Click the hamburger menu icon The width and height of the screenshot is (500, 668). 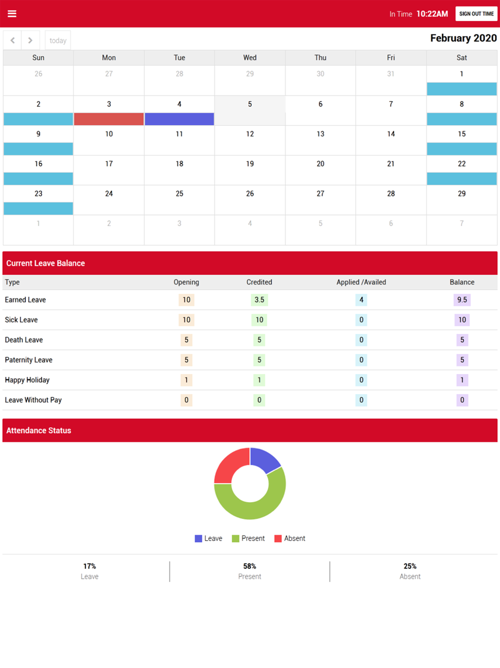point(12,14)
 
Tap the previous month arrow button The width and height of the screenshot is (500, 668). point(12,41)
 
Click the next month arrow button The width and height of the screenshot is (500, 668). point(30,41)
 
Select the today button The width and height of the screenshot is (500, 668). point(58,41)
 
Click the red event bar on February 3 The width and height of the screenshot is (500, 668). point(109,119)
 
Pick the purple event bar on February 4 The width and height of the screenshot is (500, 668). point(179,119)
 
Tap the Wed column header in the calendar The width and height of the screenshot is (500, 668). point(250,58)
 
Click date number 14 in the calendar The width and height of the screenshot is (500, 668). point(391,134)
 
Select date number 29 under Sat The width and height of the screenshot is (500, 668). point(461,194)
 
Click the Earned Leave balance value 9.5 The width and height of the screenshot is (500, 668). point(462,300)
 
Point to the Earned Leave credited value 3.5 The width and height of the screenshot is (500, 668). point(259,300)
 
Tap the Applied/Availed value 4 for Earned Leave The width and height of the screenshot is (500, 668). point(361,300)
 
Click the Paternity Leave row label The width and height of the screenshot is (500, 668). point(28,360)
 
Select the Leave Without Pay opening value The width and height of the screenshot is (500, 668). point(186,400)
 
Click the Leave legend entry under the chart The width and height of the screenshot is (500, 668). point(208,538)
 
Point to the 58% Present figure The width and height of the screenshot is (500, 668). point(249,566)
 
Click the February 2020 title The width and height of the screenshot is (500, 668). point(463,39)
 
